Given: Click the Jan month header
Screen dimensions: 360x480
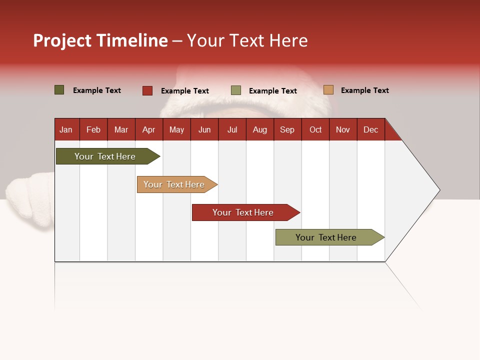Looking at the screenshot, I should click(66, 129).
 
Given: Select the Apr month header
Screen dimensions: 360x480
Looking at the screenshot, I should click(148, 129).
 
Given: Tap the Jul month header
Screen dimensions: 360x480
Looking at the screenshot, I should click(232, 129).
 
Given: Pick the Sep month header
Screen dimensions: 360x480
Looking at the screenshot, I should click(287, 129).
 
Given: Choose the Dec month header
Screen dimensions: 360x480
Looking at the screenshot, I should click(370, 129).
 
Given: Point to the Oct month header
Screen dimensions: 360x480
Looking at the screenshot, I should click(315, 129).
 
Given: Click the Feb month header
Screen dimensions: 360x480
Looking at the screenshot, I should click(93, 129).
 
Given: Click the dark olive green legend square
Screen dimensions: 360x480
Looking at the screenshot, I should click(59, 90).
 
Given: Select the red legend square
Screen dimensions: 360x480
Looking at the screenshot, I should click(147, 90).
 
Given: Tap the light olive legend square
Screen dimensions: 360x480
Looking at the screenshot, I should click(236, 90).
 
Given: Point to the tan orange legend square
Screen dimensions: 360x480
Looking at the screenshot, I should click(328, 90).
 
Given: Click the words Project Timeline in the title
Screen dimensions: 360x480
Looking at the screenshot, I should click(100, 40).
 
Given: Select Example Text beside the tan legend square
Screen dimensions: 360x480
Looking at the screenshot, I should click(364, 90).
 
